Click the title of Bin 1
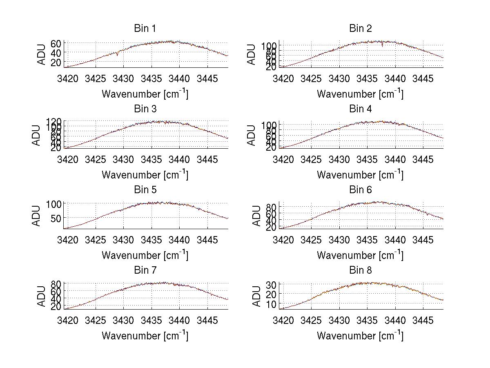click(145, 29)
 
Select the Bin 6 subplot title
click(360, 190)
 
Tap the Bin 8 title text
click(360, 270)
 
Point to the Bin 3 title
click(145, 109)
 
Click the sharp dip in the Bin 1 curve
click(118, 55)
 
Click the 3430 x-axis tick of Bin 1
click(123, 78)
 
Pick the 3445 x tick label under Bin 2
click(423, 78)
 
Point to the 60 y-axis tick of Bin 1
click(56, 44)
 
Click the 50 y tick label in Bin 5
click(56, 218)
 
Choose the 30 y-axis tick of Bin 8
click(272, 284)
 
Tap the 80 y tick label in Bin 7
click(56, 284)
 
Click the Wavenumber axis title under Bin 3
click(145, 174)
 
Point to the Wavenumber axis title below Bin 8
click(360, 336)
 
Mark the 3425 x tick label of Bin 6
click(311, 240)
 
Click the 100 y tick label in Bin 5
click(54, 204)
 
